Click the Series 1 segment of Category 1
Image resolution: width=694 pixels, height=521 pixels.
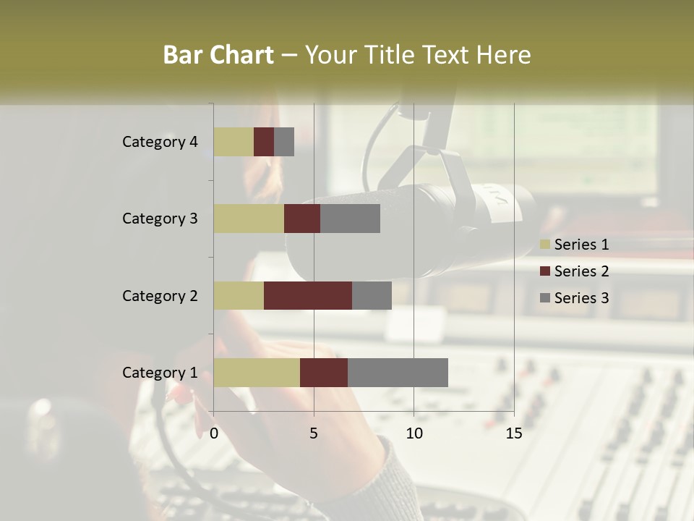click(x=257, y=373)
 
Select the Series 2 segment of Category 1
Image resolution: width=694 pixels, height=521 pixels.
click(x=324, y=373)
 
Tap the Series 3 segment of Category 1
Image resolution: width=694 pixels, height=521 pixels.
click(x=398, y=373)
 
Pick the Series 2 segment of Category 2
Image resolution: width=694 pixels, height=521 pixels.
click(x=308, y=295)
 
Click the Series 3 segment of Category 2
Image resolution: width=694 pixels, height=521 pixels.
click(x=372, y=295)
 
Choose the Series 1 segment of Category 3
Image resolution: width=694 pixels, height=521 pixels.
click(x=249, y=219)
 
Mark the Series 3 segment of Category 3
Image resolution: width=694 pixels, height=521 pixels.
click(x=350, y=219)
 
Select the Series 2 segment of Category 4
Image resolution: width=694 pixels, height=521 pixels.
click(x=264, y=142)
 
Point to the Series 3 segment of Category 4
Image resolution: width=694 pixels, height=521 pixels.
click(x=284, y=142)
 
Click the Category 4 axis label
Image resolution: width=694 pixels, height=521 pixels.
click(x=160, y=142)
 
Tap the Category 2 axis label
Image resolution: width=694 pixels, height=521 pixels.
click(x=160, y=295)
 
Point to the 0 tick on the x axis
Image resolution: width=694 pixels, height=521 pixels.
click(x=214, y=433)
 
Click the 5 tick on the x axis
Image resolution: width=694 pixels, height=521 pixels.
click(x=314, y=433)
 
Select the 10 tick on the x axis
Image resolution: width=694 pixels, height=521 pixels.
click(x=414, y=433)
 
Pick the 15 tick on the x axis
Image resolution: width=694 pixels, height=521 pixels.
click(x=513, y=433)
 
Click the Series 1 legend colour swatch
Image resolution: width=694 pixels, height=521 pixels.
click(x=545, y=245)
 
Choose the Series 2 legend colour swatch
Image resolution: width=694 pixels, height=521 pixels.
click(x=545, y=271)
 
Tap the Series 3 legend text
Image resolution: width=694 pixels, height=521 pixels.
click(x=581, y=298)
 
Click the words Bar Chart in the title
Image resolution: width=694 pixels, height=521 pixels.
click(x=218, y=55)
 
